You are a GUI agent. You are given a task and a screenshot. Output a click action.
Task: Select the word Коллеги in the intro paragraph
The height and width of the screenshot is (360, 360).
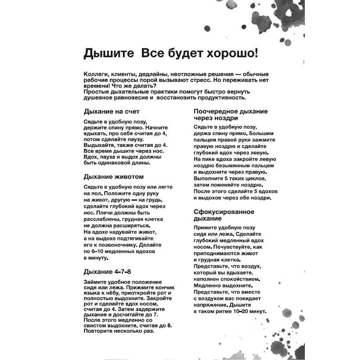[95, 74]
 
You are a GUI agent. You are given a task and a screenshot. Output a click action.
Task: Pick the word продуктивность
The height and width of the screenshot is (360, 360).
[217, 98]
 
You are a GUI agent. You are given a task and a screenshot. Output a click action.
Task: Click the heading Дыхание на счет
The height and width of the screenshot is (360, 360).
[112, 111]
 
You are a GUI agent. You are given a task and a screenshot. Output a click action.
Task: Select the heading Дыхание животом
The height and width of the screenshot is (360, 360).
[114, 176]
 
